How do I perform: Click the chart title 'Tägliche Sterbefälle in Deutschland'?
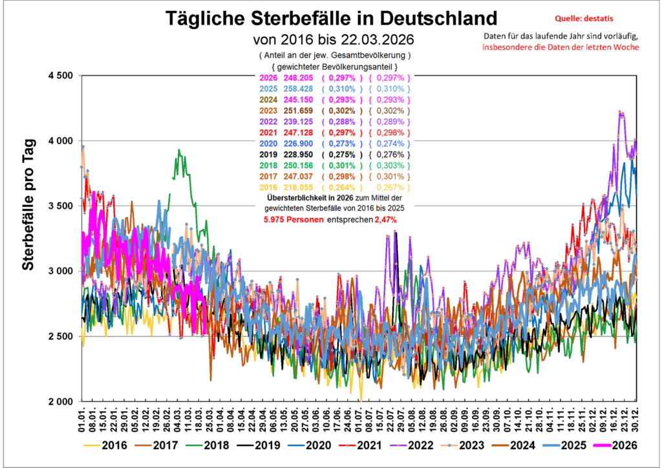pyautogui.click(x=331, y=17)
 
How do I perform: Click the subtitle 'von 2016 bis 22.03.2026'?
pyautogui.click(x=331, y=38)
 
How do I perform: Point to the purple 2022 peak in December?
pyautogui.click(x=621, y=113)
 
